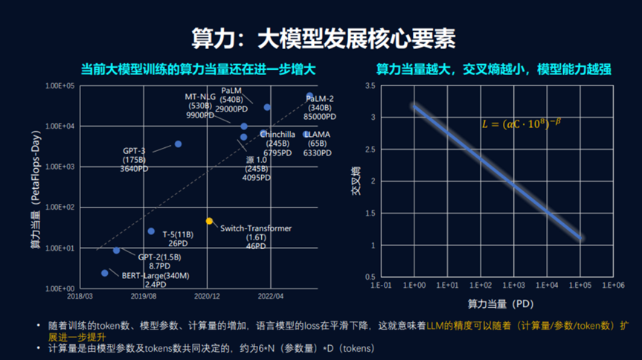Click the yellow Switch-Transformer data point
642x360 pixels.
tap(210, 221)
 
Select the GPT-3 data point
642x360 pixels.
tap(178, 144)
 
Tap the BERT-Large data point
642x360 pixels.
tap(105, 273)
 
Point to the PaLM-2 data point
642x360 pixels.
tap(310, 96)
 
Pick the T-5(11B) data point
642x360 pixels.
tap(151, 231)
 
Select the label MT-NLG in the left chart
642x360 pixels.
tap(201, 97)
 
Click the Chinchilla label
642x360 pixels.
tap(279, 134)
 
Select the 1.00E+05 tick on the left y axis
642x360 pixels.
tap(61, 86)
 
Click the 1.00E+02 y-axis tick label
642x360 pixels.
tap(61, 208)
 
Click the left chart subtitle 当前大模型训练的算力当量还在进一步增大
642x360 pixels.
tap(199, 68)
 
